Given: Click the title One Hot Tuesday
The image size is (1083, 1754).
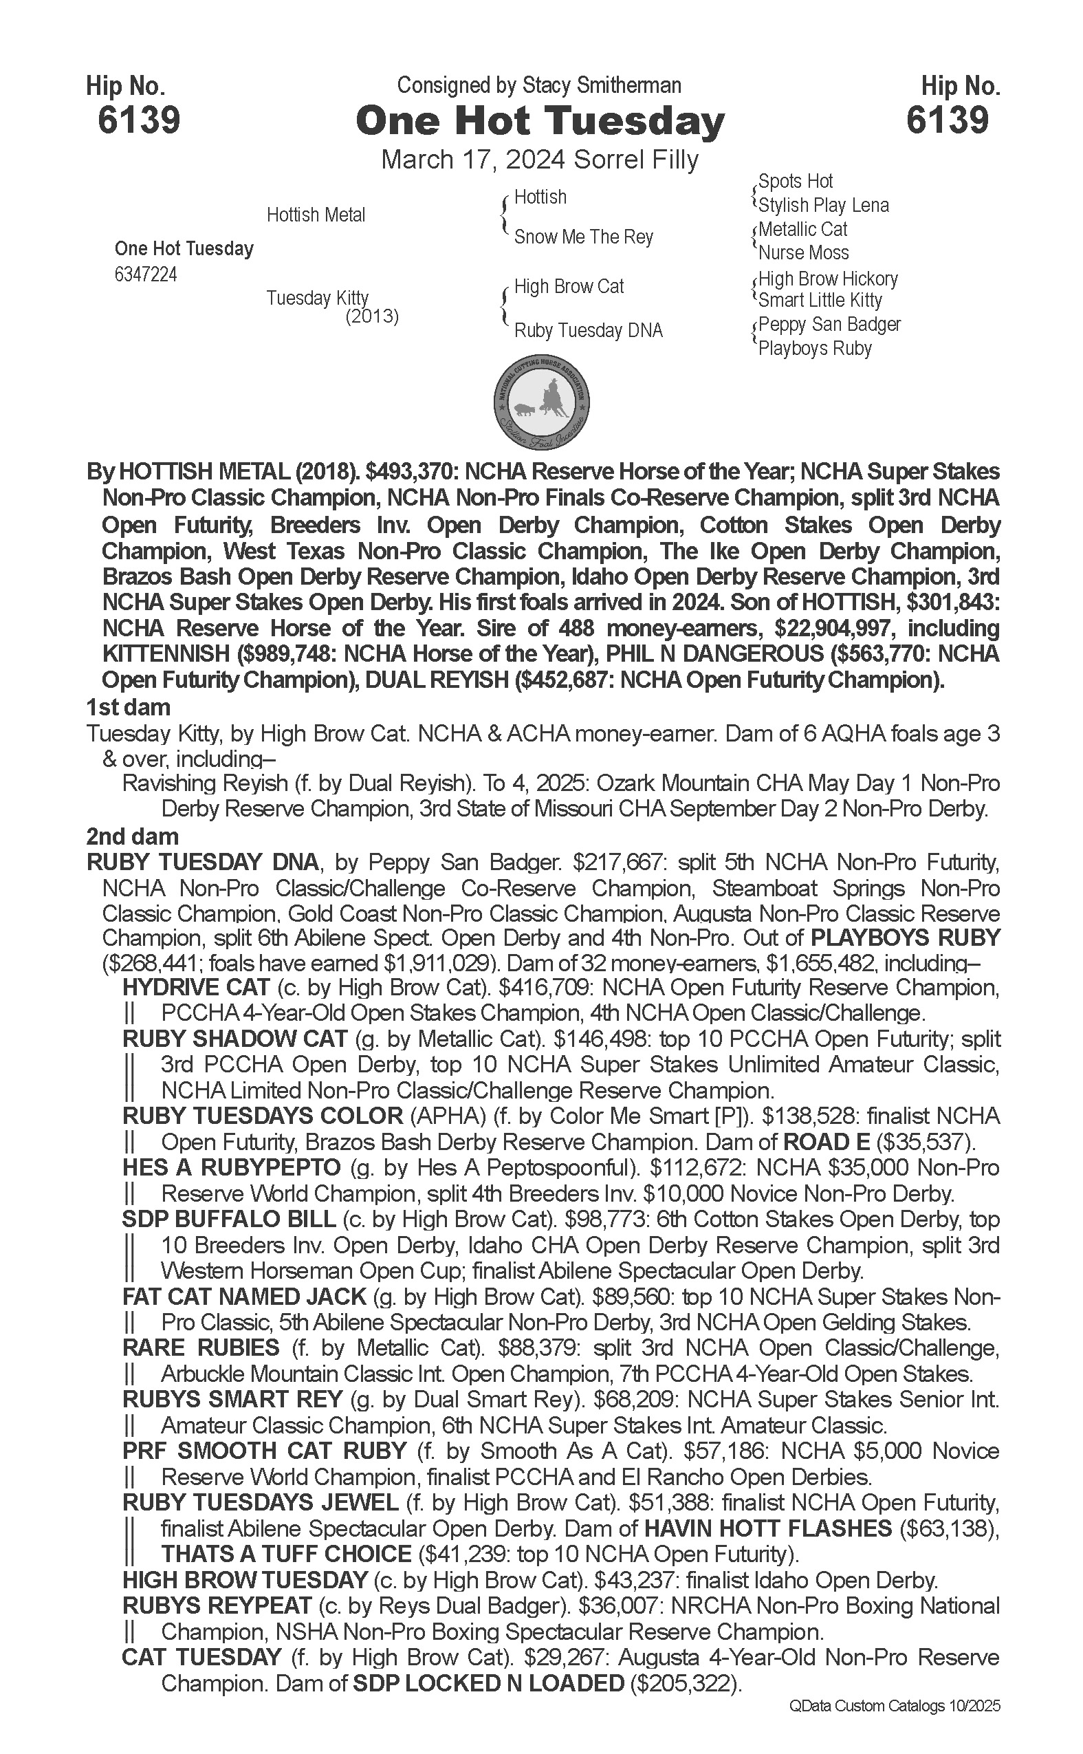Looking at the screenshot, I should [540, 122].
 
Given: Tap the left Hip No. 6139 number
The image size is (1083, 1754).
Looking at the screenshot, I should [138, 120].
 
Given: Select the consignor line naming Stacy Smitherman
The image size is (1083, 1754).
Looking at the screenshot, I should [538, 86].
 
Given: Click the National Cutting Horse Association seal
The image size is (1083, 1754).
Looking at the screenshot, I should [542, 400].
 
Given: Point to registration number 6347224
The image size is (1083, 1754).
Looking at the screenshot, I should [145, 275].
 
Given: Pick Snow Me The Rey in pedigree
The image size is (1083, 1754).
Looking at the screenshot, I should [583, 237].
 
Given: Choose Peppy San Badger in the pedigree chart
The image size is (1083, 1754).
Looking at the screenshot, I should [829, 325].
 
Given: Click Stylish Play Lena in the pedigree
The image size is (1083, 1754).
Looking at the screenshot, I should [823, 206].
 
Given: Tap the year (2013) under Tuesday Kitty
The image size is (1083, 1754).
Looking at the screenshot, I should [372, 316].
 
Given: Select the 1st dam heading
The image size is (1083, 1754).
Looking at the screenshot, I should [128, 708].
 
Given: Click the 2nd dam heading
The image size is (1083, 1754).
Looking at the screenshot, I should [132, 837].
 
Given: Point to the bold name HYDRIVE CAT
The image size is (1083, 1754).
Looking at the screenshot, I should [195, 987].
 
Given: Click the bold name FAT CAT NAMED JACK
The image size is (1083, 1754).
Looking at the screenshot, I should [244, 1297].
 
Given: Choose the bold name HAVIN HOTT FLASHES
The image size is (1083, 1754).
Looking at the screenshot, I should [768, 1529].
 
